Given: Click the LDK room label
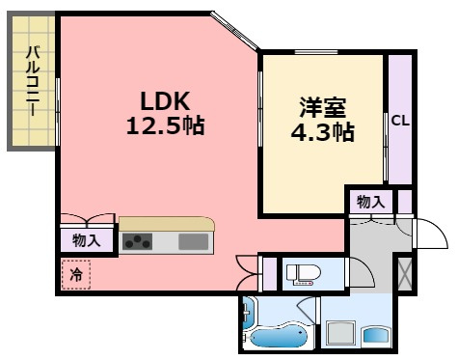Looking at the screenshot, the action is (x=165, y=101).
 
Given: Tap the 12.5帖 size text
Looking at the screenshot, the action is (x=166, y=125).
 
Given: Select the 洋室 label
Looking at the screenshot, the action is (x=323, y=107).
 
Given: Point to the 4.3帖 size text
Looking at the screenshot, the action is (x=323, y=132).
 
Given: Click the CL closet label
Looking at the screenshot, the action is (x=400, y=121).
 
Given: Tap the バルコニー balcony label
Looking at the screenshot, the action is (x=33, y=81).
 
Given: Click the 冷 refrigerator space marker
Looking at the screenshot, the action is (x=76, y=274).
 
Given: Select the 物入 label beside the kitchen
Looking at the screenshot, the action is (x=87, y=240).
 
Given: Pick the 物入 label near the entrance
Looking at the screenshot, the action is (x=370, y=203).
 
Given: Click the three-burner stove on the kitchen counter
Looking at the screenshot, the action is (x=137, y=241).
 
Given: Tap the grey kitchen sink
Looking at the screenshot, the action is (x=194, y=241).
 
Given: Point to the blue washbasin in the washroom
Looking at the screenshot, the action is (x=376, y=336).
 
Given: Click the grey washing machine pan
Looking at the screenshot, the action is (x=340, y=334).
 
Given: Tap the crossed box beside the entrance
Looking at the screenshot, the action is (x=405, y=274).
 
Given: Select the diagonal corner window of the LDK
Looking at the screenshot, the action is (x=235, y=31).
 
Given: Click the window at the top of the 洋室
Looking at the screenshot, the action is (x=316, y=52).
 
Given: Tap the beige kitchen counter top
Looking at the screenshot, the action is (x=166, y=224).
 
